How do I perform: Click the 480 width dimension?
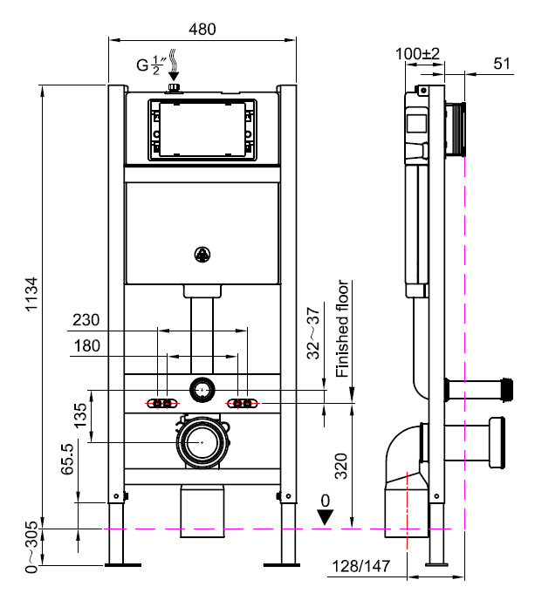click(x=202, y=28)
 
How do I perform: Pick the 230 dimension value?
click(x=86, y=320)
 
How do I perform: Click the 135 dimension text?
click(x=80, y=416)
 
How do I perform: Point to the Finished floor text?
click(x=343, y=329)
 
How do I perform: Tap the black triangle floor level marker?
click(x=326, y=516)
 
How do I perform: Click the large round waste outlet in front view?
click(x=202, y=442)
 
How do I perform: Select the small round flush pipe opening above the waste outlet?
click(x=202, y=388)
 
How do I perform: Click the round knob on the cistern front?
click(x=202, y=255)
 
